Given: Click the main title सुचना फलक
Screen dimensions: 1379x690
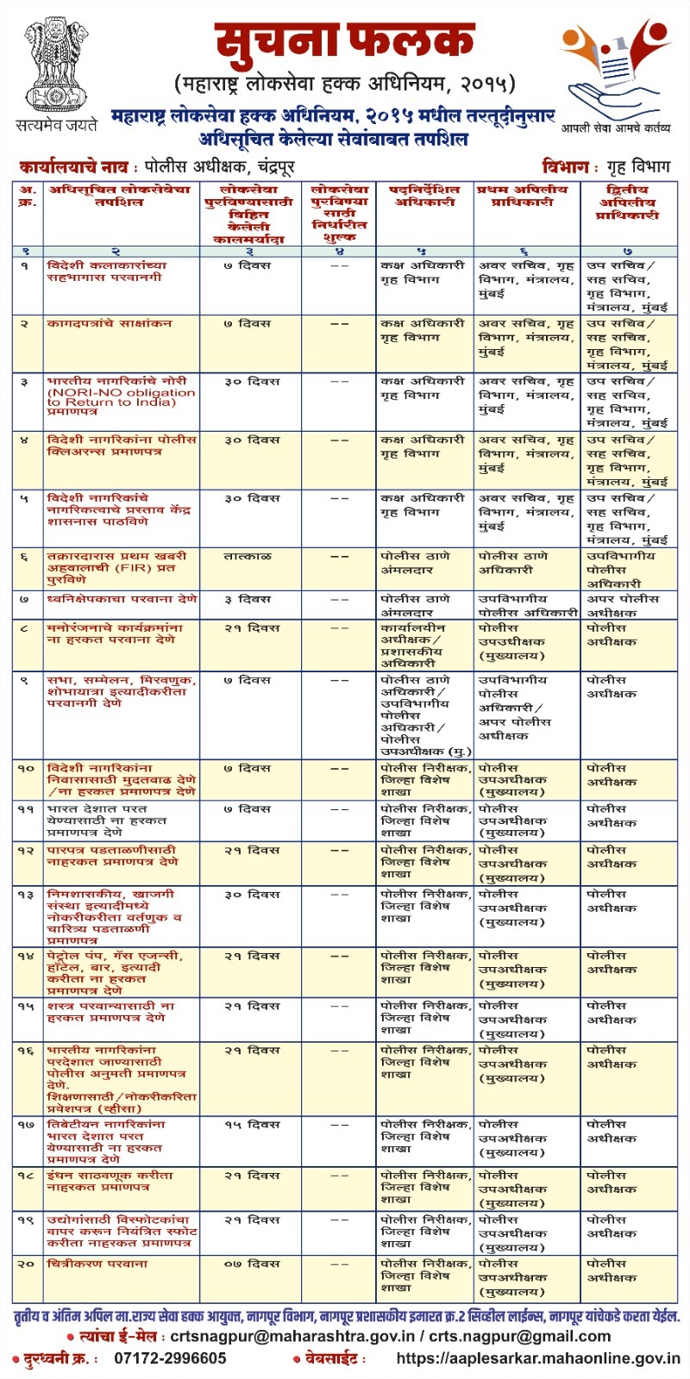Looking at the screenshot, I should click(x=344, y=42).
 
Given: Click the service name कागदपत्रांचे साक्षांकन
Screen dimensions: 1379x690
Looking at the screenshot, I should click(x=110, y=323).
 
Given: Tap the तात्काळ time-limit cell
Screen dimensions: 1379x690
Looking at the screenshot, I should click(x=248, y=557).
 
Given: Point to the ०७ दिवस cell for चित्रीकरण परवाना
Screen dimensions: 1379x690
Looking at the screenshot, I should click(x=250, y=1264).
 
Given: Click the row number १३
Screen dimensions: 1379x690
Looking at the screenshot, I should click(x=26, y=895).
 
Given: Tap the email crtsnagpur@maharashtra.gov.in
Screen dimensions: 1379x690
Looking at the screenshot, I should click(x=292, y=1337).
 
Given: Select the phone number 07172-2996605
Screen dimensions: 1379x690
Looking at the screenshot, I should click(x=171, y=1358).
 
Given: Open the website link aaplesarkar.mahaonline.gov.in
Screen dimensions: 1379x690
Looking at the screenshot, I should click(x=536, y=1358).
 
